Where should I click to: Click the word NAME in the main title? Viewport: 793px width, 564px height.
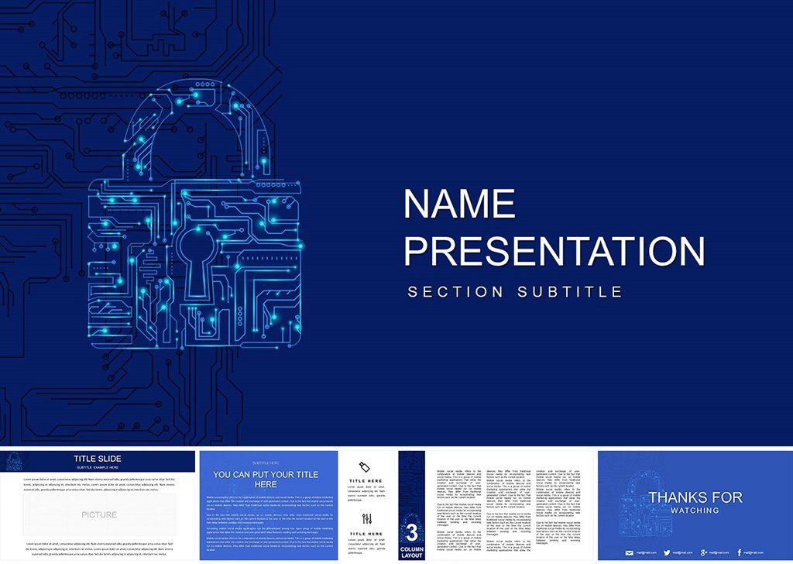(459, 204)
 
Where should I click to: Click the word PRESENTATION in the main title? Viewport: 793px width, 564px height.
(554, 252)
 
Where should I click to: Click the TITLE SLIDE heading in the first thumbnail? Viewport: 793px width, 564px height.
(97, 459)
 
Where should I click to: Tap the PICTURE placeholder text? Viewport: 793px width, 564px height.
(99, 514)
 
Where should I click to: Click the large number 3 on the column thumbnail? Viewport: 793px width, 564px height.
(411, 533)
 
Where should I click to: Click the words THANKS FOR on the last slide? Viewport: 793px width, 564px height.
(695, 497)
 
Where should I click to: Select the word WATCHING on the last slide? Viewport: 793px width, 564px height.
(695, 511)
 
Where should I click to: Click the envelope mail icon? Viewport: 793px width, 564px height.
(628, 552)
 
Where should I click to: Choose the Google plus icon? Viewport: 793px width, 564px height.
(703, 552)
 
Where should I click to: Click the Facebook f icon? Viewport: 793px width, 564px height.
(740, 552)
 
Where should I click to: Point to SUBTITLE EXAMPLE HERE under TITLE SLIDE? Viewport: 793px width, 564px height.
(97, 468)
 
